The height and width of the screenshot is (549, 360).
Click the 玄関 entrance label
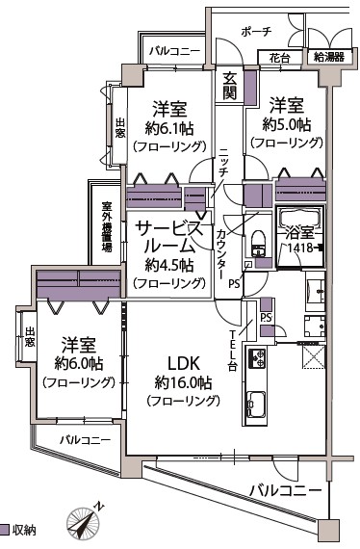[x=229, y=86]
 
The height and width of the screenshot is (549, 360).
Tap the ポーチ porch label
[x=256, y=32]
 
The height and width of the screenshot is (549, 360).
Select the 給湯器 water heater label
[x=329, y=57]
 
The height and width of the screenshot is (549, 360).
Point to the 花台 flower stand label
[x=279, y=58]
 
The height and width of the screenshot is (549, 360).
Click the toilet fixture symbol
[x=259, y=244]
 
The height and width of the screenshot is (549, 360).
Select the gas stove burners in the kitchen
[x=257, y=358]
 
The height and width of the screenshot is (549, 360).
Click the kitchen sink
[x=256, y=404]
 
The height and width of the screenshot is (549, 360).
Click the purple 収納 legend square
[x=4, y=529]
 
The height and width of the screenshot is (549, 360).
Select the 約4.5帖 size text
[x=169, y=266]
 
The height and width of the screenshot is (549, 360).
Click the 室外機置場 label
[x=107, y=226]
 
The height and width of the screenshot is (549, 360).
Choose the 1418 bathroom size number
[x=300, y=248]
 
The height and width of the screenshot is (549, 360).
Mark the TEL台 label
[x=233, y=351]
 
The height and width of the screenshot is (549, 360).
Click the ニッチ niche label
[x=224, y=163]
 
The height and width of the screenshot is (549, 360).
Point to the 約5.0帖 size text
[x=287, y=124]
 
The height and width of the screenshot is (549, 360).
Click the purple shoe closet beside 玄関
[x=250, y=88]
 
